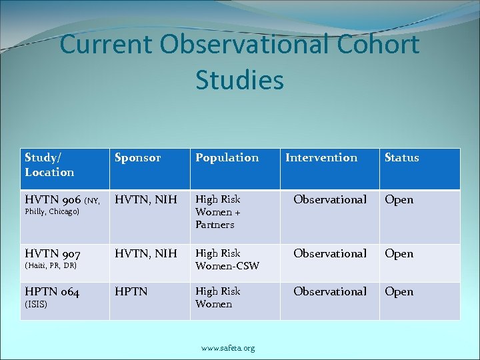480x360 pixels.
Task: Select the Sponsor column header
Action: point(138,158)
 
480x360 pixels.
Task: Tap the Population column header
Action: point(227,158)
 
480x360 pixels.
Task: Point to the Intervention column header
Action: point(321,158)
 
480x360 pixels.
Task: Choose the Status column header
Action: point(401,158)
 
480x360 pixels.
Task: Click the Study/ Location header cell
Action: point(49,165)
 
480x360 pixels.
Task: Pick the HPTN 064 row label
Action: point(52,292)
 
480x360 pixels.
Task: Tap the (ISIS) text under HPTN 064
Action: point(36,304)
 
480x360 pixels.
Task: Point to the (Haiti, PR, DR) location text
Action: point(51,266)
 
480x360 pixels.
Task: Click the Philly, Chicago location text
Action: point(52,212)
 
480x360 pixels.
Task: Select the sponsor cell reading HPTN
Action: point(131,292)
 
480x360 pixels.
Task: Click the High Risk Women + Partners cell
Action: point(217,212)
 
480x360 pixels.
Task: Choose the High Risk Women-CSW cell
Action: point(227,260)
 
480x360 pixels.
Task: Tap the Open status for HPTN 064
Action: point(399,292)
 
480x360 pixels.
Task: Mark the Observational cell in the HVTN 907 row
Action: point(330,254)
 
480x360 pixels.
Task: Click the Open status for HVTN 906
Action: point(399,200)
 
